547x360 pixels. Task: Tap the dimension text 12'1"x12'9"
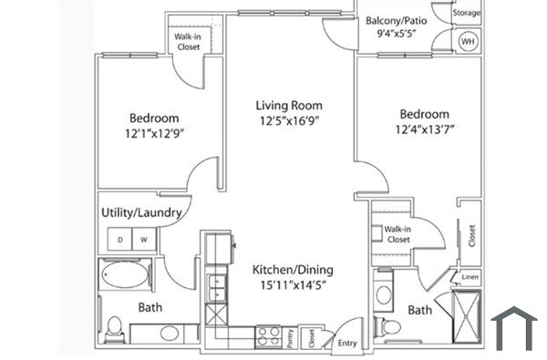pos(153,135)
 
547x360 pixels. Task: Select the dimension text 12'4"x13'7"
pos(424,129)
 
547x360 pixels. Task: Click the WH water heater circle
pos(468,42)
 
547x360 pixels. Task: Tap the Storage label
pos(467,14)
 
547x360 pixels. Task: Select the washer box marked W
pos(144,239)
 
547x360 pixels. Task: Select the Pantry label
pos(290,337)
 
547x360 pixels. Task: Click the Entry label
pos(348,344)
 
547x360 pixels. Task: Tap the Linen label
pos(470,277)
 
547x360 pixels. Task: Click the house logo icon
pos(514,328)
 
